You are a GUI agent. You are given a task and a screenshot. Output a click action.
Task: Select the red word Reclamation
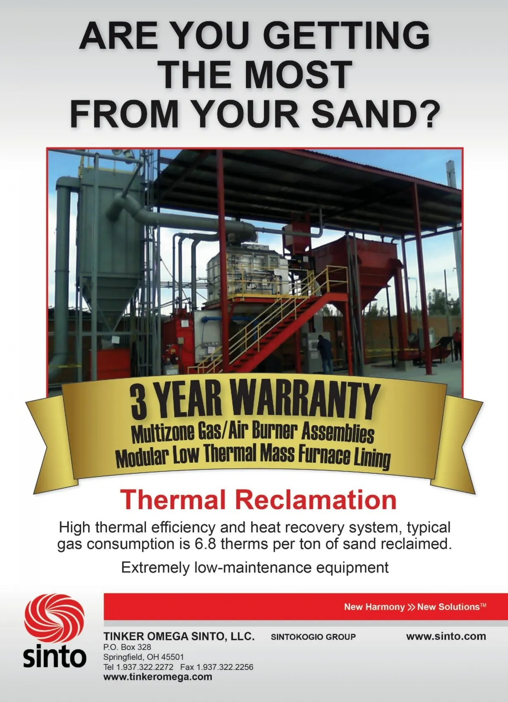click(x=316, y=500)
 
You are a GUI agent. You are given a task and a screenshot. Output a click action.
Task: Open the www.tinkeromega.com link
click(x=157, y=677)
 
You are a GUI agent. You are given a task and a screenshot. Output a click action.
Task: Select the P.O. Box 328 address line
click(x=127, y=647)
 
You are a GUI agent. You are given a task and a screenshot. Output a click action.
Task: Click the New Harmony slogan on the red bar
click(x=375, y=607)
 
